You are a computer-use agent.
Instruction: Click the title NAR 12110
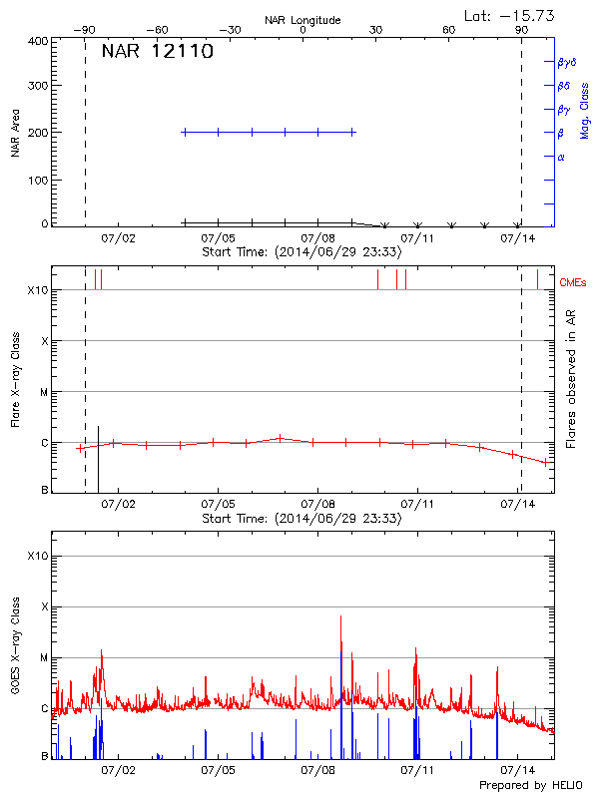[157, 52]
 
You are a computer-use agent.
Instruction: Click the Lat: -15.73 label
[511, 15]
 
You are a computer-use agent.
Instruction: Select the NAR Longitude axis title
[302, 20]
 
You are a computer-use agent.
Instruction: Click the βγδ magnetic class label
[566, 62]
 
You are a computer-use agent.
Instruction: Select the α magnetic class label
[561, 157]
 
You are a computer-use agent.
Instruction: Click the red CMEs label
[573, 283]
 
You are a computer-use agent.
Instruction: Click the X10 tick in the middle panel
[37, 290]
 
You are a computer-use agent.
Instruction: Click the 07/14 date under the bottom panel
[518, 770]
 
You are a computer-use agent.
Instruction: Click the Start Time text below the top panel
[301, 252]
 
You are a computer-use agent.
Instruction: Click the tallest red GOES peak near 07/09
[341, 618]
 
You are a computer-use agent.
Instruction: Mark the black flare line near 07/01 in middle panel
[98, 459]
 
